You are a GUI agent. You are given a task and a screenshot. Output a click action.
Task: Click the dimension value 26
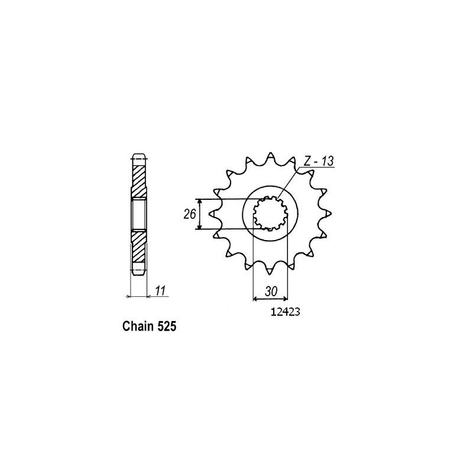pyautogui.click(x=189, y=214)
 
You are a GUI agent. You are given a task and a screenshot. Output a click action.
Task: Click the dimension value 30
pyautogui.click(x=270, y=291)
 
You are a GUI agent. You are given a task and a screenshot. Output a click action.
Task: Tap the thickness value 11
pyautogui.click(x=160, y=290)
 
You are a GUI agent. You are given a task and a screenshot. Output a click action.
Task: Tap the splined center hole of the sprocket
pyautogui.click(x=270, y=213)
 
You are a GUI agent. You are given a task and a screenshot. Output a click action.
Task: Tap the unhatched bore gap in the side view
pyautogui.click(x=137, y=214)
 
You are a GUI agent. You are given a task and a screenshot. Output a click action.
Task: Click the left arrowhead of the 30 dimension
pyautogui.click(x=255, y=298)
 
